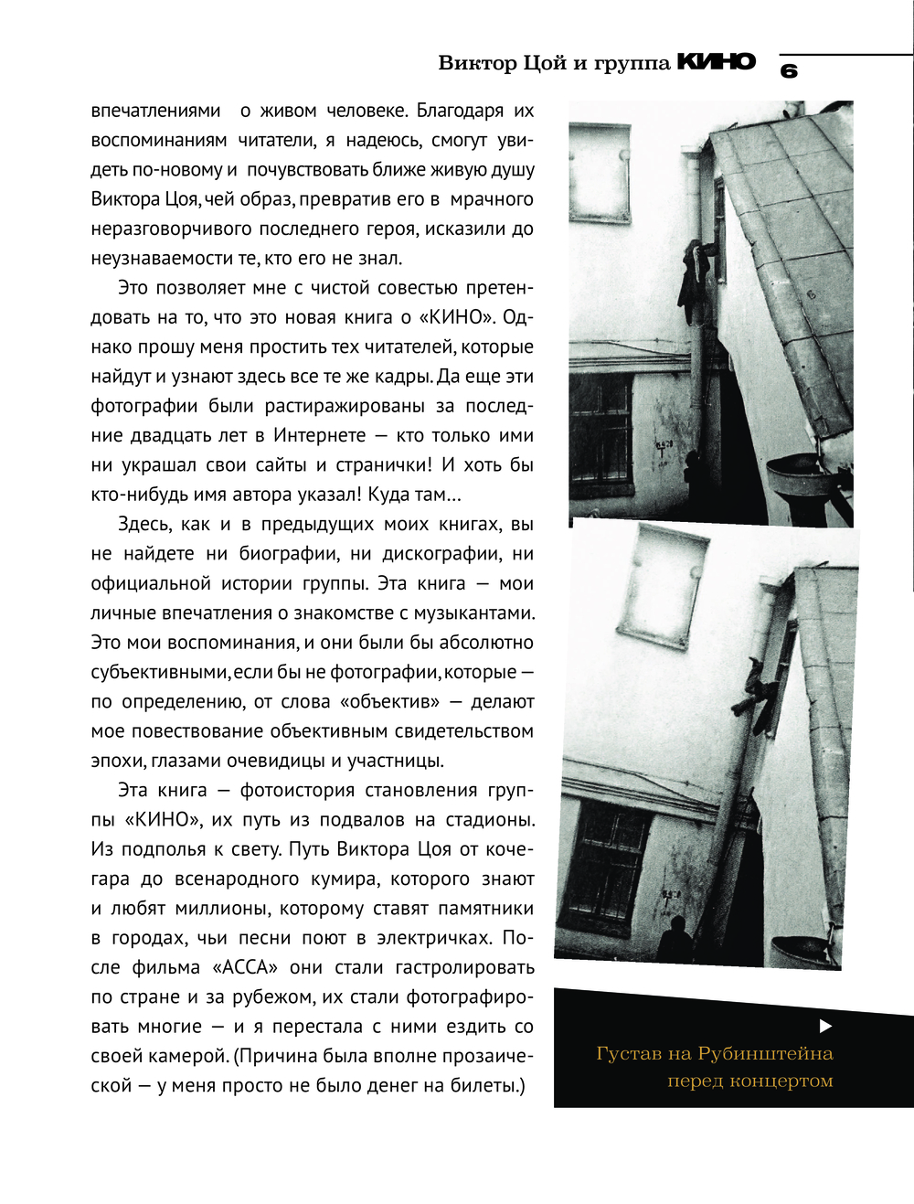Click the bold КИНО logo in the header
[x=716, y=62]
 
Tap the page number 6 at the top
[x=789, y=71]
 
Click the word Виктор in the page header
[x=477, y=63]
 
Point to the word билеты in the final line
[x=491, y=1085]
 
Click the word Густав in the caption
[x=628, y=1053]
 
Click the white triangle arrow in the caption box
[x=824, y=1026]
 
